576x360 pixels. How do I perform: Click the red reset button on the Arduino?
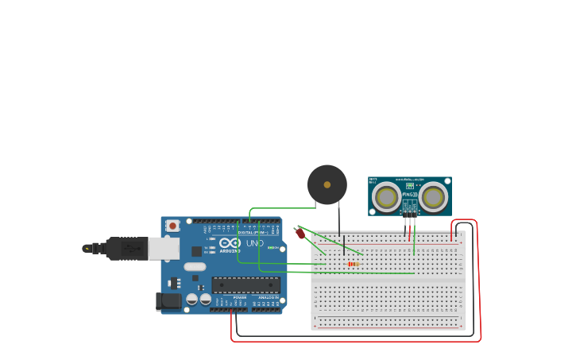172,226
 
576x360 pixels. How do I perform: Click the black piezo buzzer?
327,184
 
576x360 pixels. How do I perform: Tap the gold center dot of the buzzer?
327,184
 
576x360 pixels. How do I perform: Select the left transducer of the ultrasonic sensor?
387,197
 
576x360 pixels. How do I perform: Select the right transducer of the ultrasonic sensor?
433,197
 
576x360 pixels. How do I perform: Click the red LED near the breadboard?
300,233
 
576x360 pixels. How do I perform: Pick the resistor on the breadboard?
353,264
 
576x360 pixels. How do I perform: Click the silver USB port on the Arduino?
164,249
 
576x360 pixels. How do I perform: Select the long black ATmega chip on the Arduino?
245,285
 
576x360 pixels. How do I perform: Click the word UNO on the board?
255,243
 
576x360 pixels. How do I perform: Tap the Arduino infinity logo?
230,243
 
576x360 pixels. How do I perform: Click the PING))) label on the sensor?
409,194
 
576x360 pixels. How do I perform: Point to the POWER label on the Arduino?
239,297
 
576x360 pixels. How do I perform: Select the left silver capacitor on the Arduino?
192,300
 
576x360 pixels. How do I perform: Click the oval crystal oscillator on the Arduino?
195,267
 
